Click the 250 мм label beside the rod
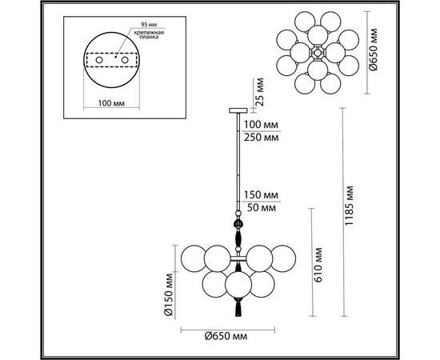click(263, 137)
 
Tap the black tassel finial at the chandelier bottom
click(237, 305)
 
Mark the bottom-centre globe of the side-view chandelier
click(237, 284)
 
